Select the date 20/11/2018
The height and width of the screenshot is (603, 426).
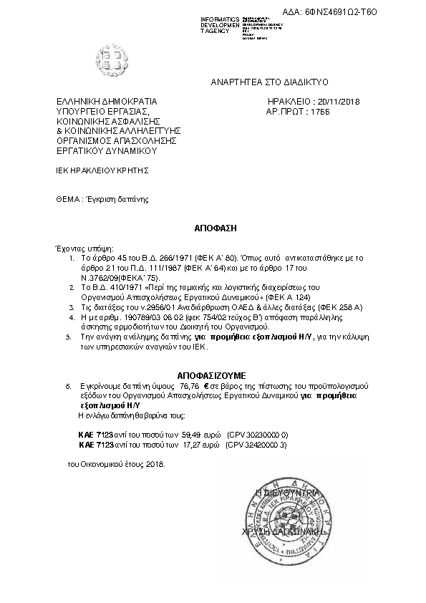point(338,102)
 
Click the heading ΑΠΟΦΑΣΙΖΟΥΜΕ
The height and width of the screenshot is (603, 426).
point(210,375)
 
